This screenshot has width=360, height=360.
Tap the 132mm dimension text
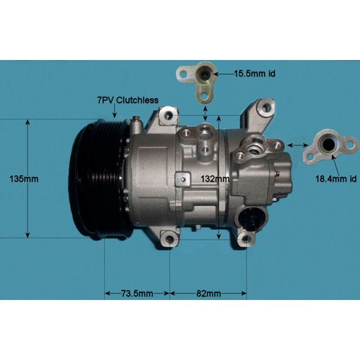[214, 178]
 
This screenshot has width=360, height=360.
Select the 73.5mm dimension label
[137, 293]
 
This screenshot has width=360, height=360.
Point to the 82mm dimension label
[208, 293]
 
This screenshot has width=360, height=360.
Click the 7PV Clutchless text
[128, 100]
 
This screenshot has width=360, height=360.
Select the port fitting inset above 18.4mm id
[329, 146]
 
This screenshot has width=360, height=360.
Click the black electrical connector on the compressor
[251, 218]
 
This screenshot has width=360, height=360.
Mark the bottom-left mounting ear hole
[169, 241]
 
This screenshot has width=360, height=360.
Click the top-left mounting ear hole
[170, 113]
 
